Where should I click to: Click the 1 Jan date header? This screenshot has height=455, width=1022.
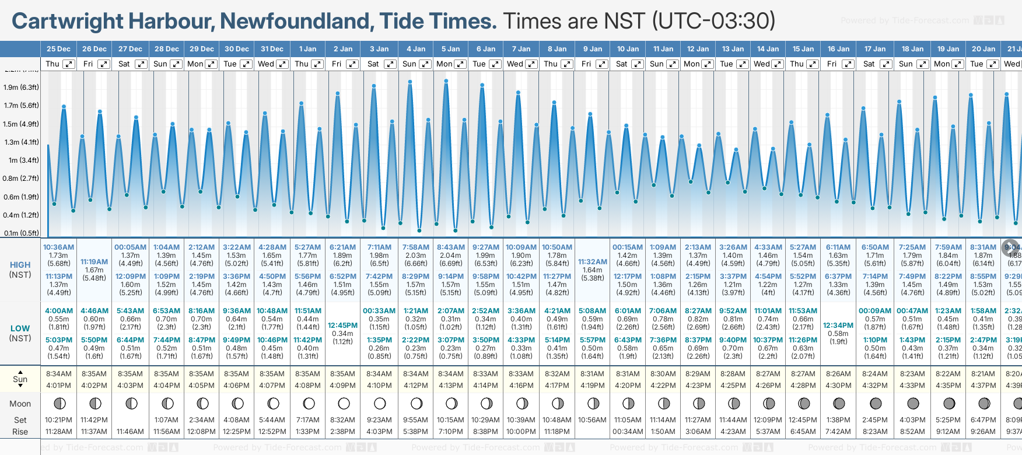(307, 49)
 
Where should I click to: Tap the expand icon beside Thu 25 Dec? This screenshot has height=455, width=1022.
(69, 64)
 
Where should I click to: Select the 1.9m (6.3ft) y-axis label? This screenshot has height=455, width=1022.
(21, 87)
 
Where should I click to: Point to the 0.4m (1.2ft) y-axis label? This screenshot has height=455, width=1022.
(21, 215)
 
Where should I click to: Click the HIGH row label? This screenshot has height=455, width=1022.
(20, 265)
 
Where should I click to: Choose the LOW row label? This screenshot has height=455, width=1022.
(20, 328)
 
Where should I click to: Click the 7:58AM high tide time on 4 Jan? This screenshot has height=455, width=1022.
(415, 247)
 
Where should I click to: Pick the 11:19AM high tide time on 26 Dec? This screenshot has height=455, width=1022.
(94, 262)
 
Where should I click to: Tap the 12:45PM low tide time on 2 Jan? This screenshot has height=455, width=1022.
(342, 325)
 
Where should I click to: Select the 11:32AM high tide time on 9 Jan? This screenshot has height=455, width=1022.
(593, 262)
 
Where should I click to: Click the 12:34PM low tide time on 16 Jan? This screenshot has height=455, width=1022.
(838, 325)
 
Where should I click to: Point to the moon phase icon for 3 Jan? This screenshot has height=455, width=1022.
(380, 403)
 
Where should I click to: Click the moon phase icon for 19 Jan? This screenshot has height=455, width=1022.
(949, 403)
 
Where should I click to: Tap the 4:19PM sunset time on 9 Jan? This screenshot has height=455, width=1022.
(593, 385)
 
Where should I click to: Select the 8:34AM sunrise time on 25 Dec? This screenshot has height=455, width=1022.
(58, 374)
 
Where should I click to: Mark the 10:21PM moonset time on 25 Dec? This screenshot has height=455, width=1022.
(58, 420)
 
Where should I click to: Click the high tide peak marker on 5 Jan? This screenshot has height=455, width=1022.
(446, 81)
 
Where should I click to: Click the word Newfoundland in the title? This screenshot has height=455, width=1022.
(297, 21)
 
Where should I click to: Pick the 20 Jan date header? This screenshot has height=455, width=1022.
(984, 49)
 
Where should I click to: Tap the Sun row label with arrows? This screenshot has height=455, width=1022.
(20, 379)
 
